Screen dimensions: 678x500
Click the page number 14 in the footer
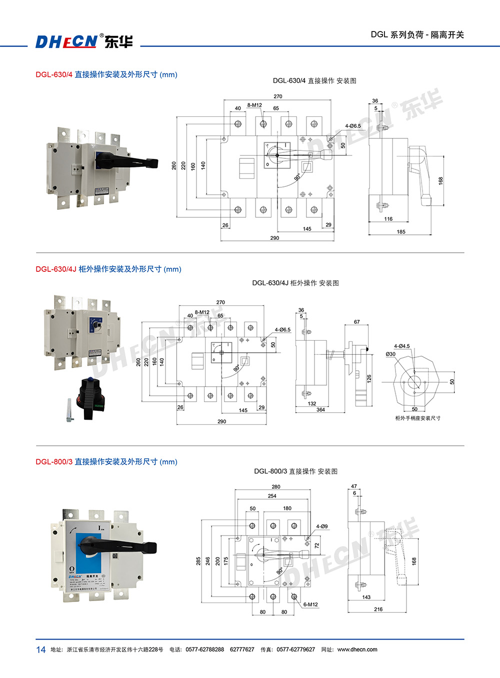click(41, 650)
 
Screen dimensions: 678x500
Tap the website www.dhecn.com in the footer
click(357, 650)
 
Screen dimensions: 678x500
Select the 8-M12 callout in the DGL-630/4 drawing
click(254, 105)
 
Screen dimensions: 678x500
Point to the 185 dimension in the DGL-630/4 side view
click(401, 232)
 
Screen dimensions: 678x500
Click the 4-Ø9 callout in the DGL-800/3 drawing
click(322, 527)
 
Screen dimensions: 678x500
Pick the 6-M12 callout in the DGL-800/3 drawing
click(310, 605)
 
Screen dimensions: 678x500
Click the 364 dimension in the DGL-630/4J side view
click(320, 410)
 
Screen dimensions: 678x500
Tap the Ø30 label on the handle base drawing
click(390, 354)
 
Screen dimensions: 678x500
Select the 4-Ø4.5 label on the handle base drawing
click(401, 346)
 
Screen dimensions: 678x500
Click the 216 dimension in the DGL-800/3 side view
click(378, 610)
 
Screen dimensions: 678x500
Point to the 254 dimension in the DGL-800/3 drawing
click(272, 496)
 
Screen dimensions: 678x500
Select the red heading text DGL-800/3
click(54, 462)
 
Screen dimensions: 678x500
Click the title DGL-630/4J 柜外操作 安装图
click(295, 283)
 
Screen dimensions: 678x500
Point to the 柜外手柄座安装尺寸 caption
click(418, 418)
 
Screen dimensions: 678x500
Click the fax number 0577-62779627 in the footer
click(295, 650)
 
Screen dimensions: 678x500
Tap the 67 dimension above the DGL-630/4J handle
click(356, 322)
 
